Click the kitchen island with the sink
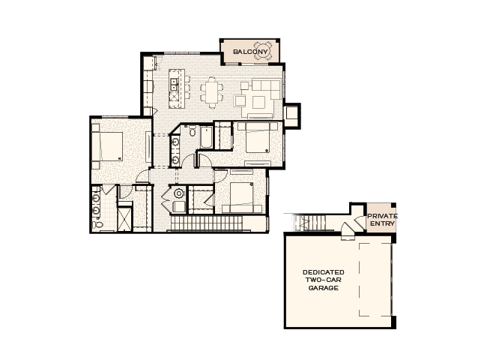176,88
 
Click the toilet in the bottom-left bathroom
97,222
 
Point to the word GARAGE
323,288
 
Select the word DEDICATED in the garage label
323,271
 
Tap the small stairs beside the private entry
314,221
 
